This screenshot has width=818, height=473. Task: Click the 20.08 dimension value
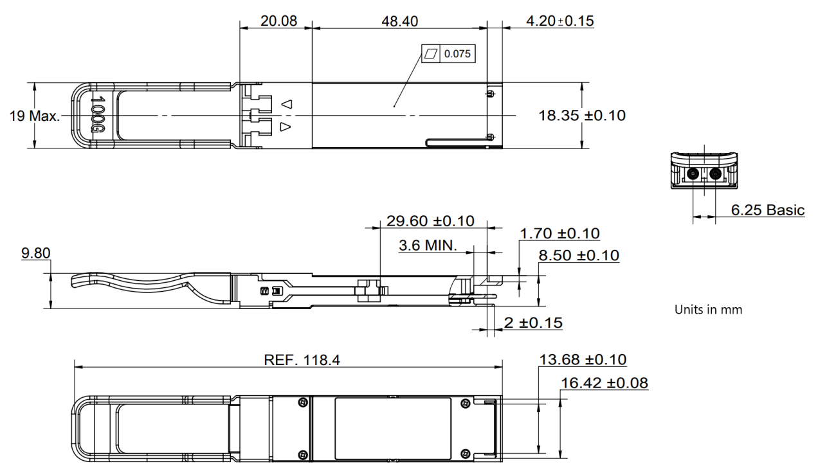(278, 21)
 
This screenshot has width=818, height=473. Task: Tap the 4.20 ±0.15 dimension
(559, 21)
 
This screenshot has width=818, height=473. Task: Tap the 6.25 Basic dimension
(767, 210)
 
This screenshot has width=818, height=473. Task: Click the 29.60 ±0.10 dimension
(430, 221)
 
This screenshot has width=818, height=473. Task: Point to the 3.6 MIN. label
(427, 245)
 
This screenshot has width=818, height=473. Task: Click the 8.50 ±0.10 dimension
(579, 256)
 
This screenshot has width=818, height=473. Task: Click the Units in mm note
(708, 310)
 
